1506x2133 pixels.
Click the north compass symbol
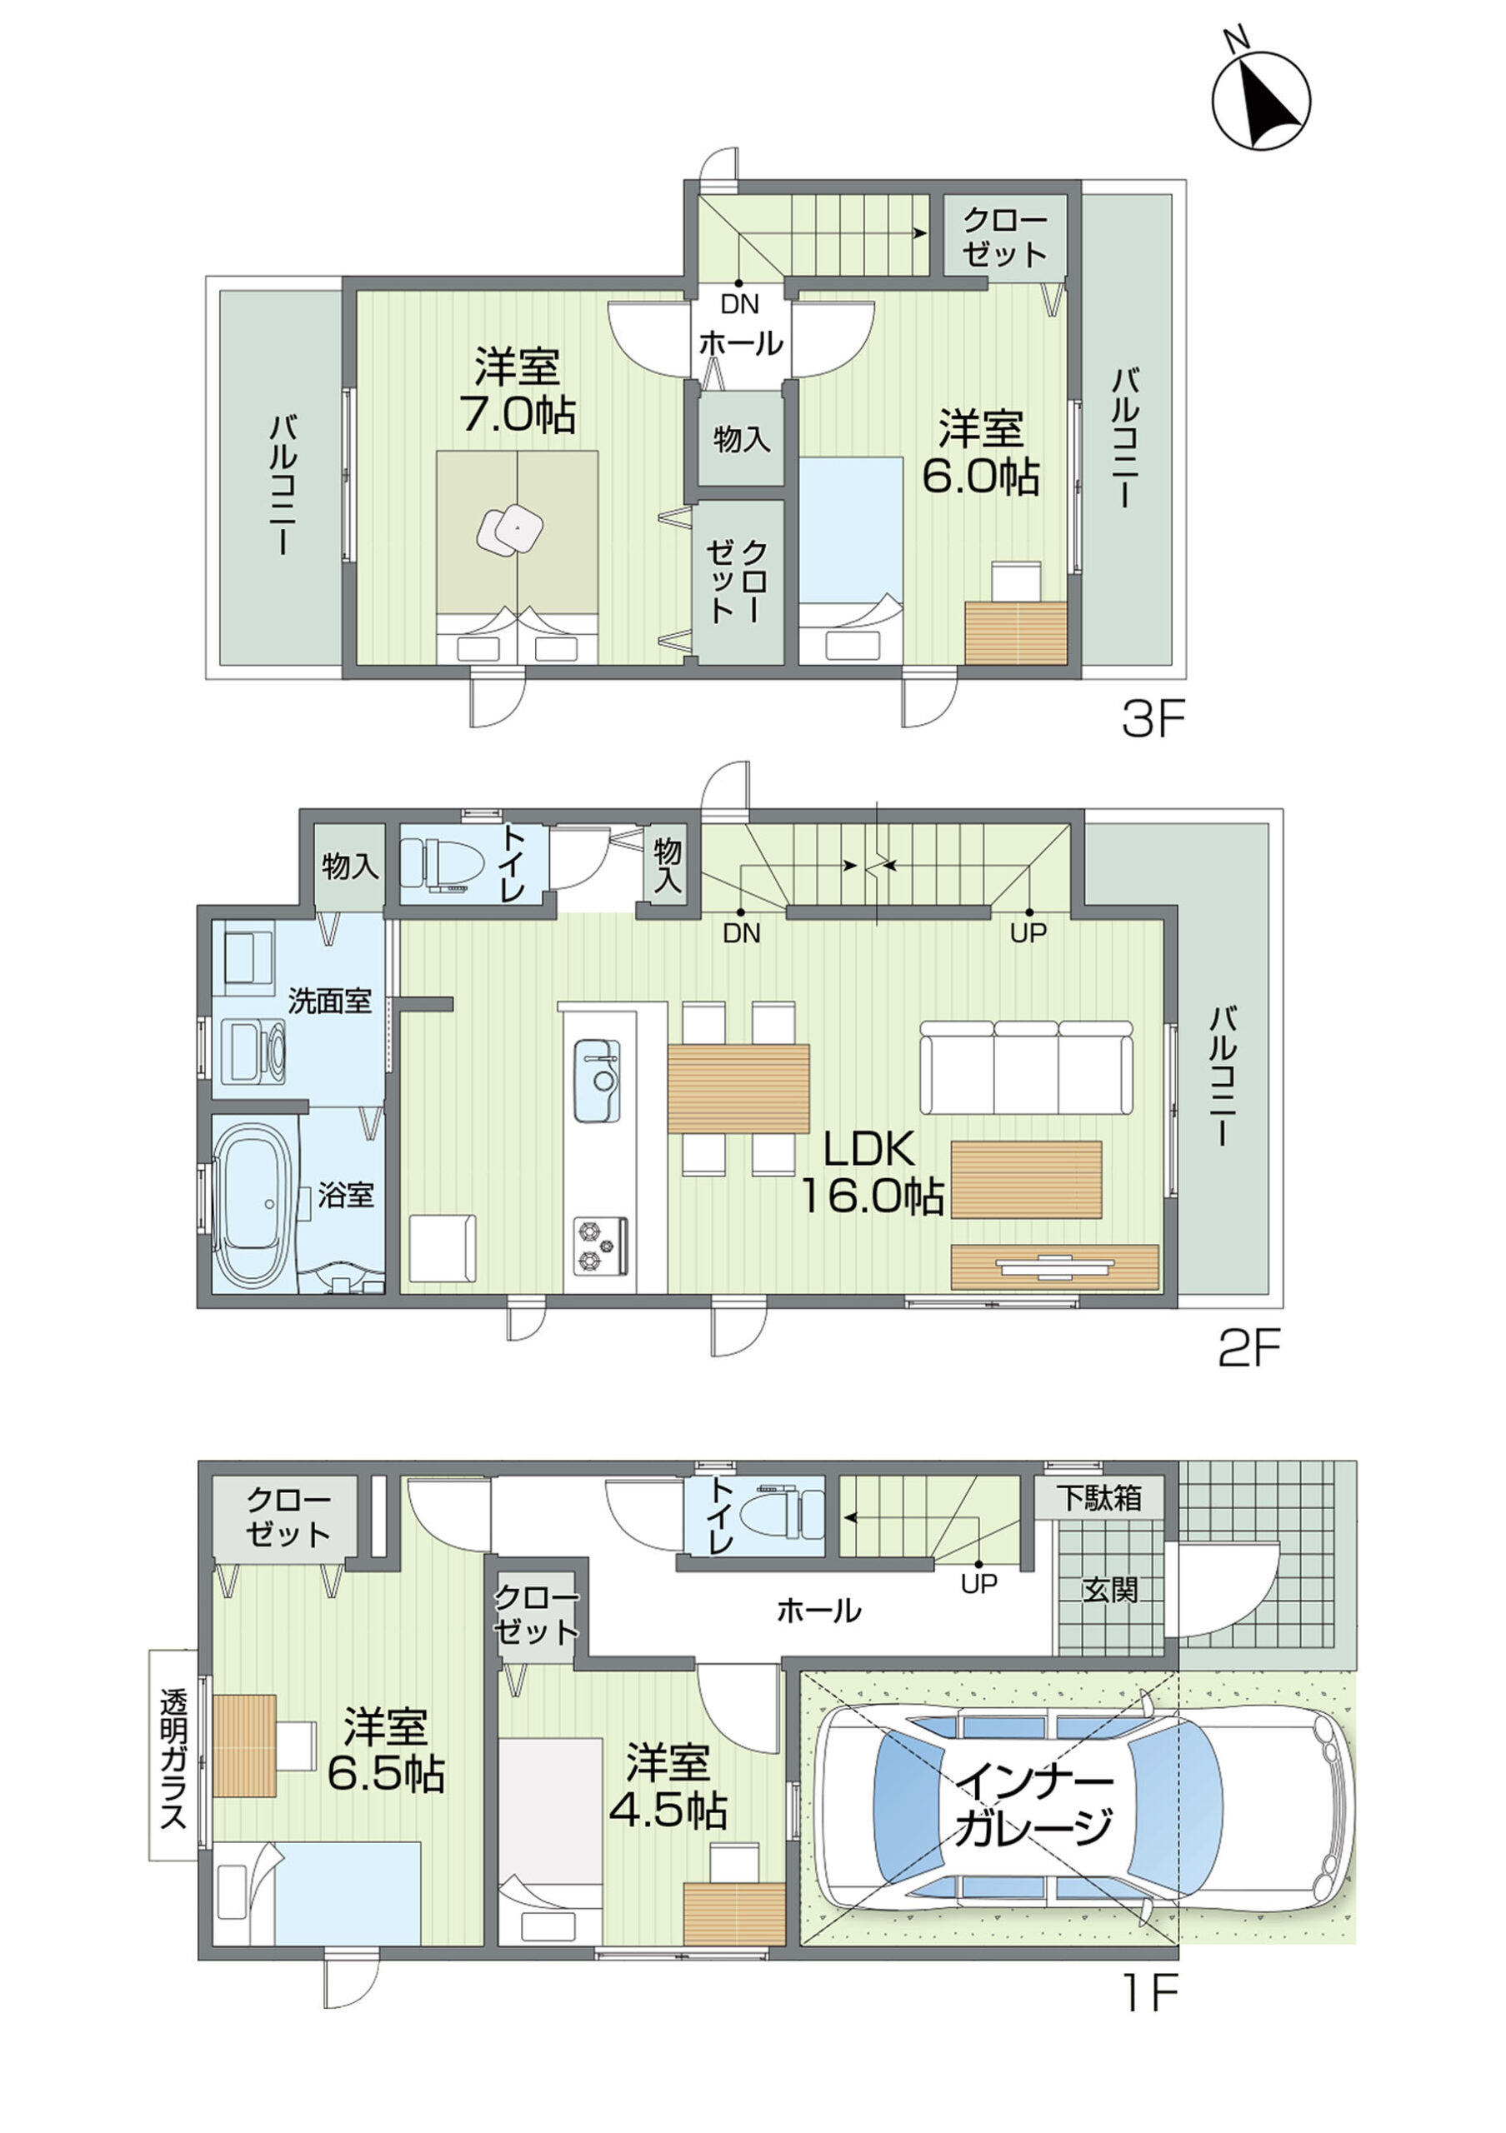click(x=1262, y=98)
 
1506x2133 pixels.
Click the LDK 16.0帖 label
click(x=872, y=1173)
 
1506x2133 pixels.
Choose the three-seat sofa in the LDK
click(x=1028, y=1066)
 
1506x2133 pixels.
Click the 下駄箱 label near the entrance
click(x=1099, y=1497)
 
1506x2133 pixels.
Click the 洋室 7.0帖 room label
click(x=518, y=390)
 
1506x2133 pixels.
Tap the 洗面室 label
click(x=330, y=1001)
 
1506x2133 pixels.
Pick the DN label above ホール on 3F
click(x=739, y=304)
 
